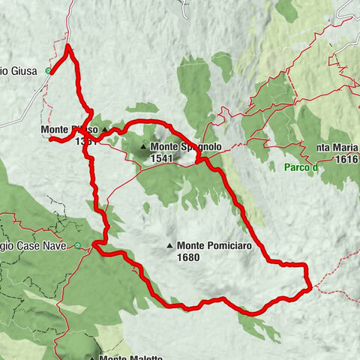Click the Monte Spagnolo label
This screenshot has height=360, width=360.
pyautogui.click(x=185, y=148)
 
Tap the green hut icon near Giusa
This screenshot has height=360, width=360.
pyautogui.click(x=49, y=72)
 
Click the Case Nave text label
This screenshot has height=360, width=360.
pyautogui.click(x=45, y=245)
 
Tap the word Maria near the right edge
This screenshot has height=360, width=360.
pyautogui.click(x=332, y=148)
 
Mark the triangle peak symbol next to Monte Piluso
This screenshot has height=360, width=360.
pyautogui.click(x=105, y=130)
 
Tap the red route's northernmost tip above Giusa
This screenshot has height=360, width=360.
pyautogui.click(x=68, y=46)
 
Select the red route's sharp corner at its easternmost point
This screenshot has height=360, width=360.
pyautogui.click(x=310, y=286)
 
